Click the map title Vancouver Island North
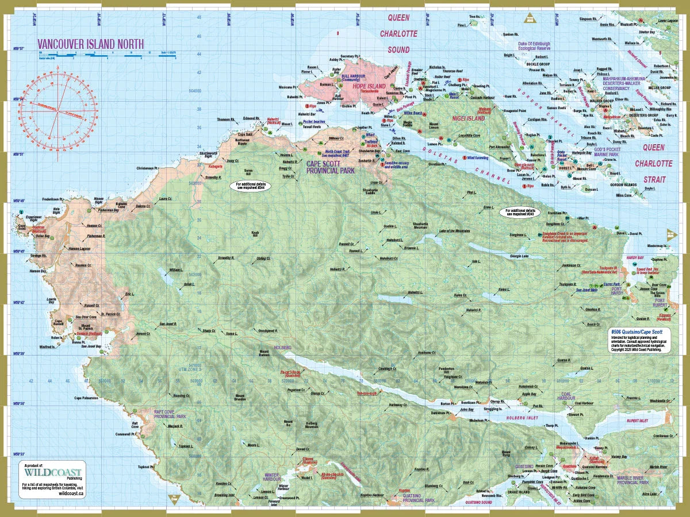coord(90,44)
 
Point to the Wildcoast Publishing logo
coord(52,472)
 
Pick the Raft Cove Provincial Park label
coord(168,414)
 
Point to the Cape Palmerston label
coord(86,398)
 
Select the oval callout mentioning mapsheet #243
coord(520,212)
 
